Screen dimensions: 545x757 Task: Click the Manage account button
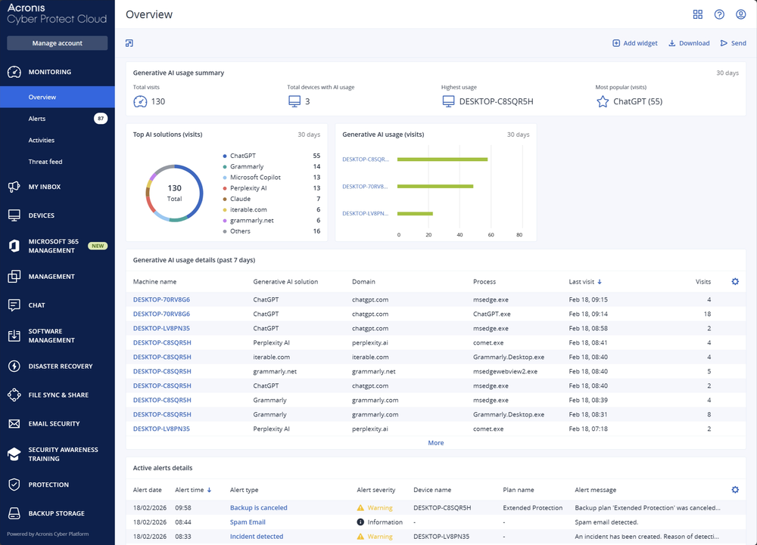(x=58, y=43)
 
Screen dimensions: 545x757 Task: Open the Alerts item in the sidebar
(x=37, y=119)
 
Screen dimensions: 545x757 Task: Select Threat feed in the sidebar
(x=45, y=162)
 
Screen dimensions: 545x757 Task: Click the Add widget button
(x=634, y=43)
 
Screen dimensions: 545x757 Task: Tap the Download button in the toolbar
(x=689, y=43)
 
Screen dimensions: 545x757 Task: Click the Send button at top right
(x=733, y=43)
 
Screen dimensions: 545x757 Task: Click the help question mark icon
(x=719, y=14)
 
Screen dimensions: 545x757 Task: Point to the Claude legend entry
(x=240, y=199)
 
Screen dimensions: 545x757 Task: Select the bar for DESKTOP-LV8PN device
(x=415, y=214)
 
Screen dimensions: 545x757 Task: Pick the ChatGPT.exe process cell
(x=491, y=314)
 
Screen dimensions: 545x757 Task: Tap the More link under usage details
(x=435, y=443)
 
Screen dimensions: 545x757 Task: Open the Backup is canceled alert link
(x=258, y=508)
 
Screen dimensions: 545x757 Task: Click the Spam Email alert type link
(x=248, y=522)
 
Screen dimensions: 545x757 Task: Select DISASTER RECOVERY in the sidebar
(x=61, y=367)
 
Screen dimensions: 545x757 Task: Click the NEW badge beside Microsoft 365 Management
(x=98, y=246)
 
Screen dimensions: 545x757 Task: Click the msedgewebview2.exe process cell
(x=505, y=371)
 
